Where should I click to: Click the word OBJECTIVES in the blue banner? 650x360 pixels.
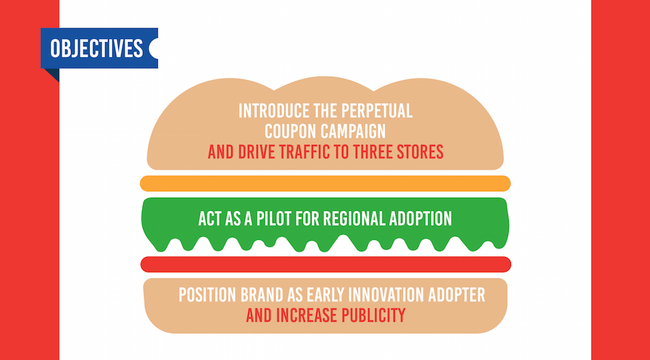point(96,49)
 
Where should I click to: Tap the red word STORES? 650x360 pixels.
point(420,152)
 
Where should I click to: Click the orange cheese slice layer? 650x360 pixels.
point(325,183)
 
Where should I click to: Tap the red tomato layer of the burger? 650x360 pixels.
point(325,264)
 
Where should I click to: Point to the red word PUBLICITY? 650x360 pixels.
point(373,316)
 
